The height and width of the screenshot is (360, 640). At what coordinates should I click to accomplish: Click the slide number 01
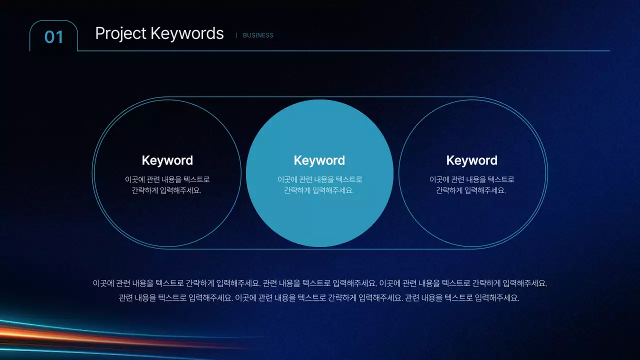point(54,37)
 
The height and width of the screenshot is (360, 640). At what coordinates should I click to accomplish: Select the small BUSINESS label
point(258,35)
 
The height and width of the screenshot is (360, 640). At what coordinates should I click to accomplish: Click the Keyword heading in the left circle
point(167,160)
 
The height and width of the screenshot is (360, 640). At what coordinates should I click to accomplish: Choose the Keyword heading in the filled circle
point(319,160)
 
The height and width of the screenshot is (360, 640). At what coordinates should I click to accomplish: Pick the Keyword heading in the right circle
point(471,160)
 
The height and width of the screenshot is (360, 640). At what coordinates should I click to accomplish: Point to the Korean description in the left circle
point(167,184)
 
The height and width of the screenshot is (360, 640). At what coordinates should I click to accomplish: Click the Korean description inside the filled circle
point(319,184)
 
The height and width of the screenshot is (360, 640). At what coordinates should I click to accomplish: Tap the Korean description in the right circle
point(471,184)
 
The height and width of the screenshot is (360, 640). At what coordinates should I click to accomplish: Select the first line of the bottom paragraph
point(320,283)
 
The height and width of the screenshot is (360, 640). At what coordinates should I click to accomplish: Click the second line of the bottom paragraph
point(319,298)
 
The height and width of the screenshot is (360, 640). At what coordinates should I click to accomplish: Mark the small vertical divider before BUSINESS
point(236,35)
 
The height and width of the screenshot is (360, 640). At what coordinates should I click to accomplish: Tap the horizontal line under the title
point(350,51)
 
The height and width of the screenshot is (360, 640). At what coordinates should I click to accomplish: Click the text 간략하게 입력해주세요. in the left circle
point(167,190)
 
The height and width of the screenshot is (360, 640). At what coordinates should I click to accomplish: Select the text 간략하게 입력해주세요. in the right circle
point(471,190)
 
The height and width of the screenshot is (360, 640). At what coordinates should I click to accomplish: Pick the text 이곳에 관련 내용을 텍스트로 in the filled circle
point(319,179)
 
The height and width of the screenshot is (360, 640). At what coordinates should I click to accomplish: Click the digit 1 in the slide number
point(60,37)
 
